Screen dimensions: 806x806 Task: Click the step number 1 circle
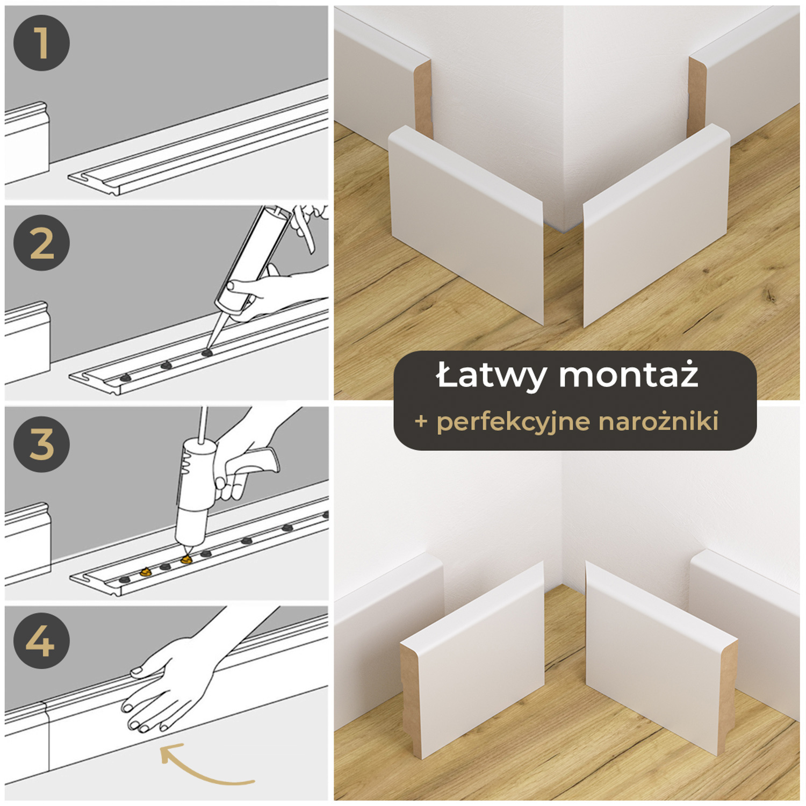pyautogui.click(x=41, y=43)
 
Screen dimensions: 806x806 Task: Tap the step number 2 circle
pyautogui.click(x=41, y=242)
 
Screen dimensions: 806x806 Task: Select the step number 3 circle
pyautogui.click(x=41, y=444)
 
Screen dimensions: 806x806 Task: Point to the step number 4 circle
pyautogui.click(x=41, y=641)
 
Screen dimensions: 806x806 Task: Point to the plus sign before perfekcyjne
pyautogui.click(x=421, y=422)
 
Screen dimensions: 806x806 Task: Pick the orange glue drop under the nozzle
pyautogui.click(x=186, y=559)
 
